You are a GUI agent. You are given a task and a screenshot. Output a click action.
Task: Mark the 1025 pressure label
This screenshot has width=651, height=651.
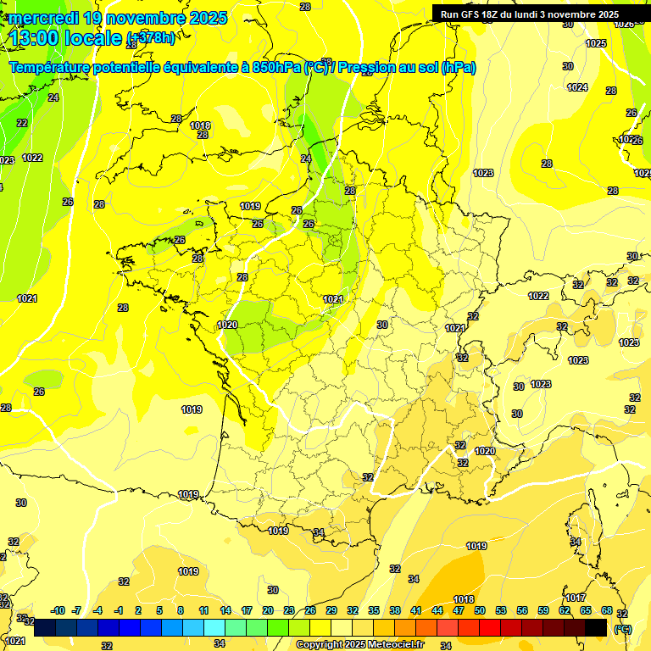(x=596, y=43)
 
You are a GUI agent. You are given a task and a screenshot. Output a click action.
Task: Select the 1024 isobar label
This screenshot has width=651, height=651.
(x=577, y=87)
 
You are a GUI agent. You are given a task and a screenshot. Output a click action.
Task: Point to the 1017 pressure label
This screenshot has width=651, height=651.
(x=576, y=598)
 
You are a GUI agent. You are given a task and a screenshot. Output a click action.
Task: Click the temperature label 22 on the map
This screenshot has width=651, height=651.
(x=22, y=123)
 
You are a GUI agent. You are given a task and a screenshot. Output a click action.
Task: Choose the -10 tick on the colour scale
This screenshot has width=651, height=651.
(x=58, y=610)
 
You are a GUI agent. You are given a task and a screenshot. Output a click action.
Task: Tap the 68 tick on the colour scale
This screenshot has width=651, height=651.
(x=607, y=610)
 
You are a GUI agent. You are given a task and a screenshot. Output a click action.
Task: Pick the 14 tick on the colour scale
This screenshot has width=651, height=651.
(x=225, y=610)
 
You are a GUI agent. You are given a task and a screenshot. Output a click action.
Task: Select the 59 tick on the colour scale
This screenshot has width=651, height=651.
(x=543, y=610)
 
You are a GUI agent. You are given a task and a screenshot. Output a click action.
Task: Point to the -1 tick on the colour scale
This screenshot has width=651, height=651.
(x=119, y=610)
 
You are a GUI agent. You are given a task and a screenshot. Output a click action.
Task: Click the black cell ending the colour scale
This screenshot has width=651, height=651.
(x=596, y=627)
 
